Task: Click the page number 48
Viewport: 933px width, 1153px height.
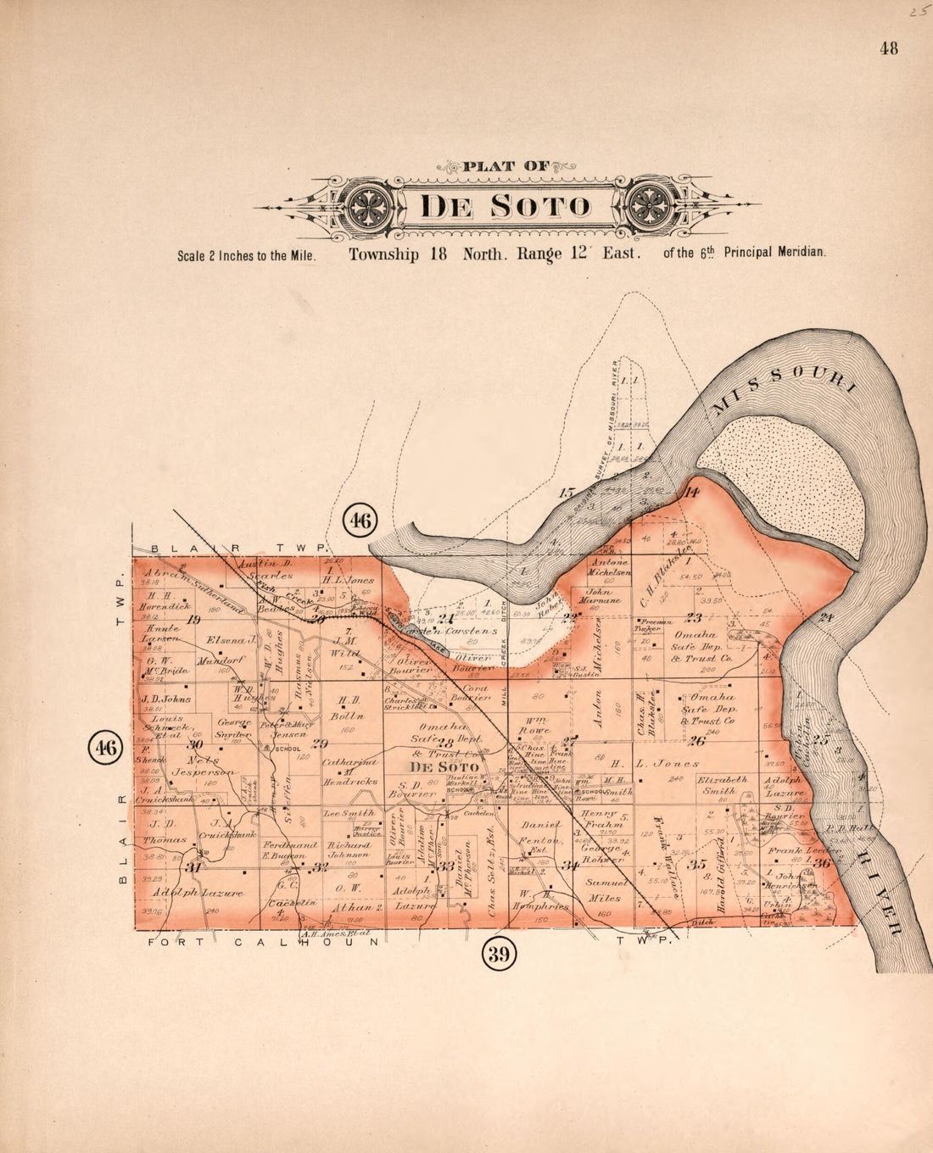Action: pos(888,48)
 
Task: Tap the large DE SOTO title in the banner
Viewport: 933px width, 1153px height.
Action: pos(506,207)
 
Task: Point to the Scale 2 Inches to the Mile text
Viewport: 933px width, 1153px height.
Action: pos(247,255)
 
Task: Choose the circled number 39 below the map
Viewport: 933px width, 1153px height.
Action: pos(498,955)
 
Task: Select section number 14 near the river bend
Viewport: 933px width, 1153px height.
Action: pos(691,493)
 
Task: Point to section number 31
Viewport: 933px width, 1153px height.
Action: pos(193,867)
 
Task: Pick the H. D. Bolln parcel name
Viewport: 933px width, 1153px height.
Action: pos(349,707)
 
